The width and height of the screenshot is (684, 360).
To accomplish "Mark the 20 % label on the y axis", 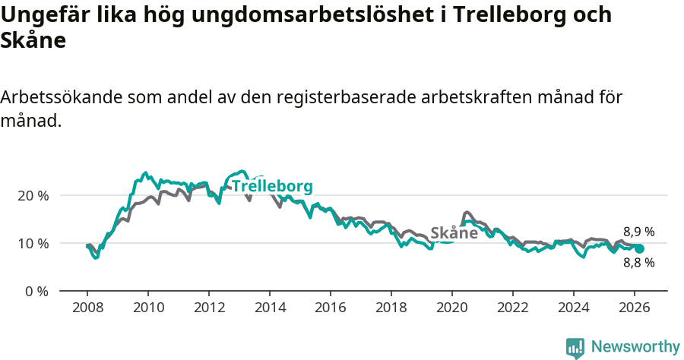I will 33,195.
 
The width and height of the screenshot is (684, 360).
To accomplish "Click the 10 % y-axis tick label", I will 33,243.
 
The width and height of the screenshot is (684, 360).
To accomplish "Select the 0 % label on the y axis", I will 36,291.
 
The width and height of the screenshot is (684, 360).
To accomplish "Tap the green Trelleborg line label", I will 272,187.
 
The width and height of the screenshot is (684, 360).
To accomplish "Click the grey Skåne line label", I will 454,233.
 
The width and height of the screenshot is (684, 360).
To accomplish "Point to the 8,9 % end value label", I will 639,232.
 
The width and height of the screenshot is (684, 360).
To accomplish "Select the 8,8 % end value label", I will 639,263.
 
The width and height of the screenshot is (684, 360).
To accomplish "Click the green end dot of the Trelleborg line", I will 639,248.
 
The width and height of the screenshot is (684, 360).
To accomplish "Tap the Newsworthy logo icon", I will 575,348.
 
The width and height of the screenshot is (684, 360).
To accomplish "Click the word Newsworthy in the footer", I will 635,347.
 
